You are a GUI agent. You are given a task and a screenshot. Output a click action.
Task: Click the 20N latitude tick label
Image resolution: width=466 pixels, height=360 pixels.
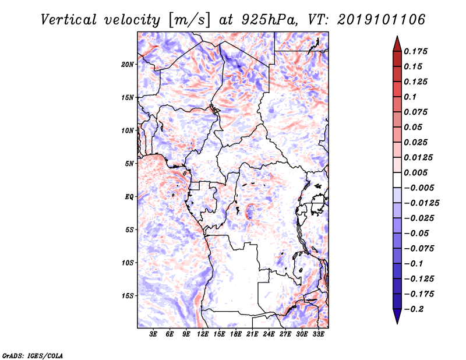pyautogui.click(x=128, y=65)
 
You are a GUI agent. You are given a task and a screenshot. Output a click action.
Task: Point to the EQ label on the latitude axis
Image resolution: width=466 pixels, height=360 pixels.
pyautogui.click(x=129, y=197)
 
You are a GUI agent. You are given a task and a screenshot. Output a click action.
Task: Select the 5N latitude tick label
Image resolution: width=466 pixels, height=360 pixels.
pyautogui.click(x=129, y=164)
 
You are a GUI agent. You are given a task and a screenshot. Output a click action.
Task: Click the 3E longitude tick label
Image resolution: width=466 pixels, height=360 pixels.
pyautogui.click(x=153, y=334)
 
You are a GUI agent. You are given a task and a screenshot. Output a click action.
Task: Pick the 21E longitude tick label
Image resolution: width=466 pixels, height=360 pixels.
pyautogui.click(x=252, y=334)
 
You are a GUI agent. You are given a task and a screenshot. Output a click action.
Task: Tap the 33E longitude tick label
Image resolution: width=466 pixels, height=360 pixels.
pyautogui.click(x=318, y=334)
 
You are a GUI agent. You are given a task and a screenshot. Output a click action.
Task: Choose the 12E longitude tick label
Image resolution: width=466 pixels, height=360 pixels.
pyautogui.click(x=202, y=334)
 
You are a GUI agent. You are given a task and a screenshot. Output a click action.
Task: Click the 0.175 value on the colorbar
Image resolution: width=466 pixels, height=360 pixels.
pyautogui.click(x=415, y=51)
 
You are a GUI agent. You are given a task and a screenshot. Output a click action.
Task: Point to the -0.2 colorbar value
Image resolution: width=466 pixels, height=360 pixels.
pyautogui.click(x=414, y=309)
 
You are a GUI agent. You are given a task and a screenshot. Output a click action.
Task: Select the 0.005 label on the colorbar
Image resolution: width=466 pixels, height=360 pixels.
pyautogui.click(x=415, y=172)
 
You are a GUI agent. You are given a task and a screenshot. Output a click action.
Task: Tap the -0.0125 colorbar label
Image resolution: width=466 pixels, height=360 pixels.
pyautogui.click(x=421, y=203)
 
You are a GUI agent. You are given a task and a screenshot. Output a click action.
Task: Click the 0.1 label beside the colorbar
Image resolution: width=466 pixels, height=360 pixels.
pyautogui.click(x=410, y=97)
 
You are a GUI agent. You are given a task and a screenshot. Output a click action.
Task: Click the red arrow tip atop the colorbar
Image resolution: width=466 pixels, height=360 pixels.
pyautogui.click(x=397, y=37)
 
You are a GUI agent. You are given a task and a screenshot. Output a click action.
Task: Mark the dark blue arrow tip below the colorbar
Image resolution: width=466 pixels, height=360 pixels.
pyautogui.click(x=397, y=323)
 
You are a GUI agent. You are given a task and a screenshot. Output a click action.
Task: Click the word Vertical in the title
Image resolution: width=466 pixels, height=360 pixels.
pyautogui.click(x=69, y=20)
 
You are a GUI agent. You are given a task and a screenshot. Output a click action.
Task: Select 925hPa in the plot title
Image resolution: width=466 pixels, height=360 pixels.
pyautogui.click(x=269, y=20)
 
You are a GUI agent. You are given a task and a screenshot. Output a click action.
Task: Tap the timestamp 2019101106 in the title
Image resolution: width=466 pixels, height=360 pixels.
pyautogui.click(x=382, y=20)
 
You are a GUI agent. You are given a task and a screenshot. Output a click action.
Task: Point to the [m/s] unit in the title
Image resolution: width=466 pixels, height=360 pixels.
pyautogui.click(x=189, y=20)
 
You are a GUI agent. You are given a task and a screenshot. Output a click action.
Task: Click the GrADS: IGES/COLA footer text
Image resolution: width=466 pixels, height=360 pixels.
pyautogui.click(x=33, y=356)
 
